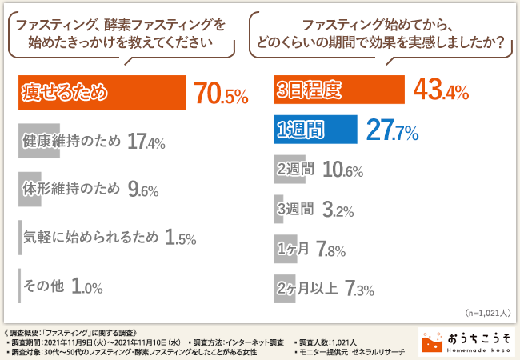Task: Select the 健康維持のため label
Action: [69, 142]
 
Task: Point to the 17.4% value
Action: [146, 143]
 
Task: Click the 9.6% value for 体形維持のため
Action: [142, 190]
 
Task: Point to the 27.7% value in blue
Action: [392, 130]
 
